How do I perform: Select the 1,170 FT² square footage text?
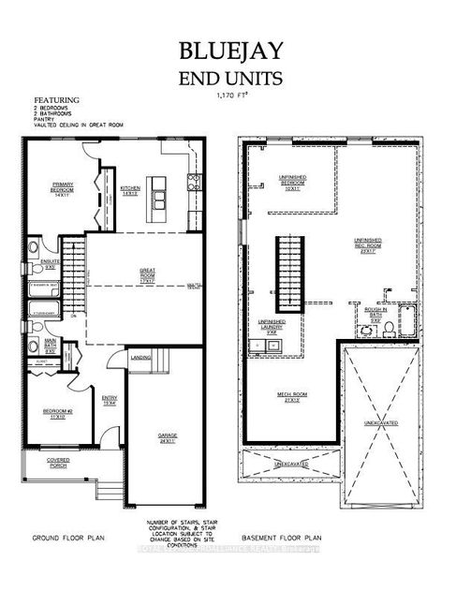pos(228,95)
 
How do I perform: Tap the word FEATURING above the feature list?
pos(57,99)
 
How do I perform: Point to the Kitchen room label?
pos(130,190)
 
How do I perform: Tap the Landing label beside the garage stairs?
pos(142,356)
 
